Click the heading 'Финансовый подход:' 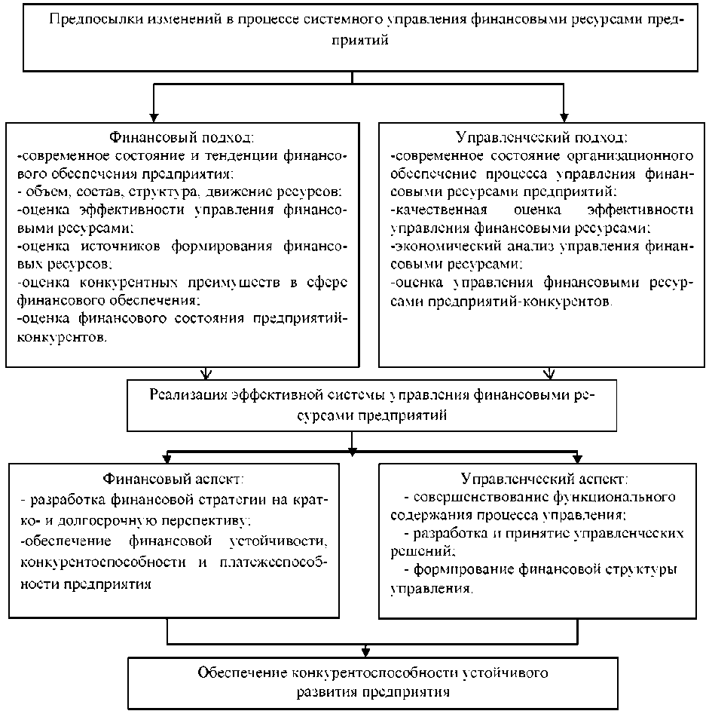click(182, 137)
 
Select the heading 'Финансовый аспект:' click(172, 480)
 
